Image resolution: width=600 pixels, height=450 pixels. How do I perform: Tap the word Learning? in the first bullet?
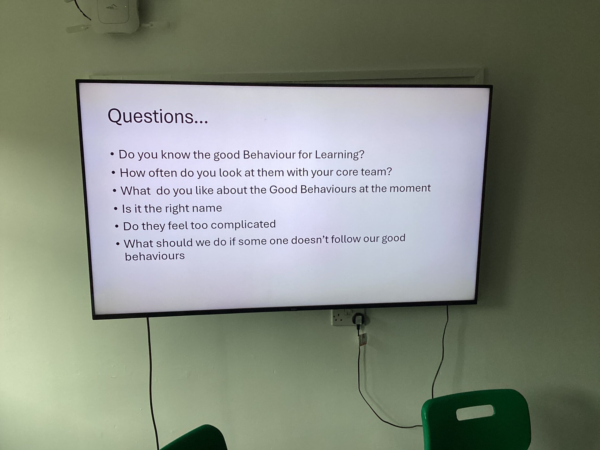pyautogui.click(x=339, y=155)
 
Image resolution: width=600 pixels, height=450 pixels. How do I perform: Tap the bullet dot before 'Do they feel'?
pyautogui.click(x=117, y=226)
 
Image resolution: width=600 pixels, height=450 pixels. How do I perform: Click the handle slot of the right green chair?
pyautogui.click(x=475, y=412)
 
